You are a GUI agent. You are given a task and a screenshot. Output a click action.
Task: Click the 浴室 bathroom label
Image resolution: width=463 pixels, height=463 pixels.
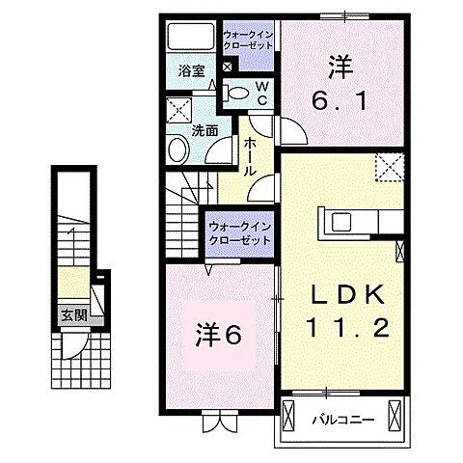(191, 70)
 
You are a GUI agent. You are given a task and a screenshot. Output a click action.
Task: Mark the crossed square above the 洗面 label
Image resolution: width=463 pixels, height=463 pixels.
(178, 109)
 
